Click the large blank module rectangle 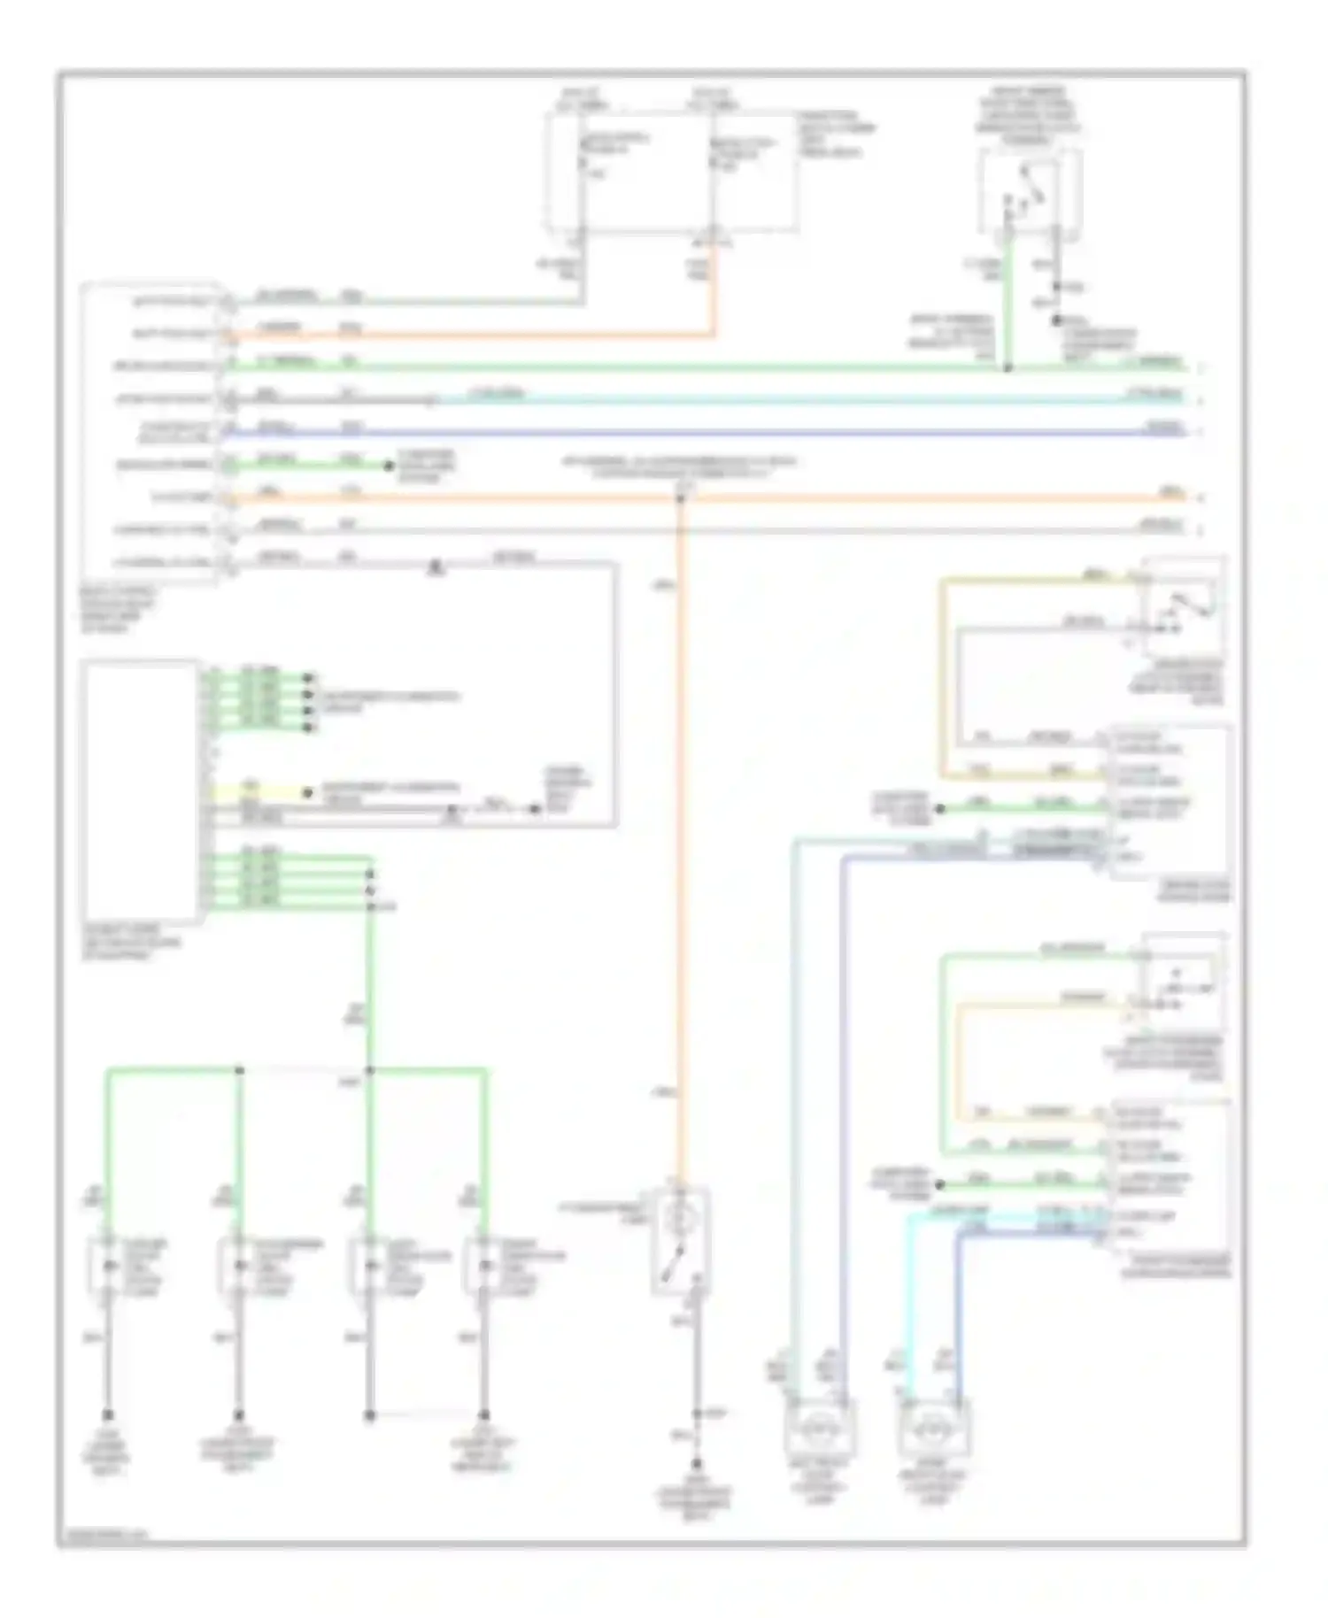point(140,790)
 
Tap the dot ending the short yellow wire point(307,793)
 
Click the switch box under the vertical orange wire point(680,1242)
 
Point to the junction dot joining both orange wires point(680,498)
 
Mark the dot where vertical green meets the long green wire point(1008,366)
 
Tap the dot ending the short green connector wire point(388,466)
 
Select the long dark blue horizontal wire point(708,433)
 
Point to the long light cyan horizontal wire point(797,400)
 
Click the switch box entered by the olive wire point(1184,607)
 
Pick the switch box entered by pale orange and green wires point(1184,982)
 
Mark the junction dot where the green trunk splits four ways point(370,1070)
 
